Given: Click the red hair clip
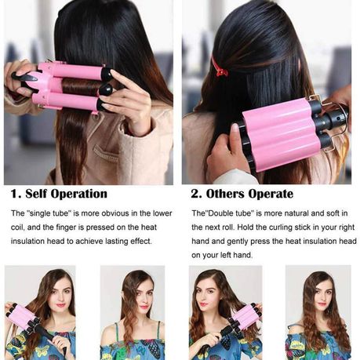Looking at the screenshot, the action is point(219,67).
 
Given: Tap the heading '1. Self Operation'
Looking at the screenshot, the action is point(59,194).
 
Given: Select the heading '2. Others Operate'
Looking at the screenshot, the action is point(242,194).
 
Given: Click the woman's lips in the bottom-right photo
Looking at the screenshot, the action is point(322,304).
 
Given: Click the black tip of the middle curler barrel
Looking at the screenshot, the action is point(106,89).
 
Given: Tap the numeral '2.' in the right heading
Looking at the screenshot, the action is point(196,194).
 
